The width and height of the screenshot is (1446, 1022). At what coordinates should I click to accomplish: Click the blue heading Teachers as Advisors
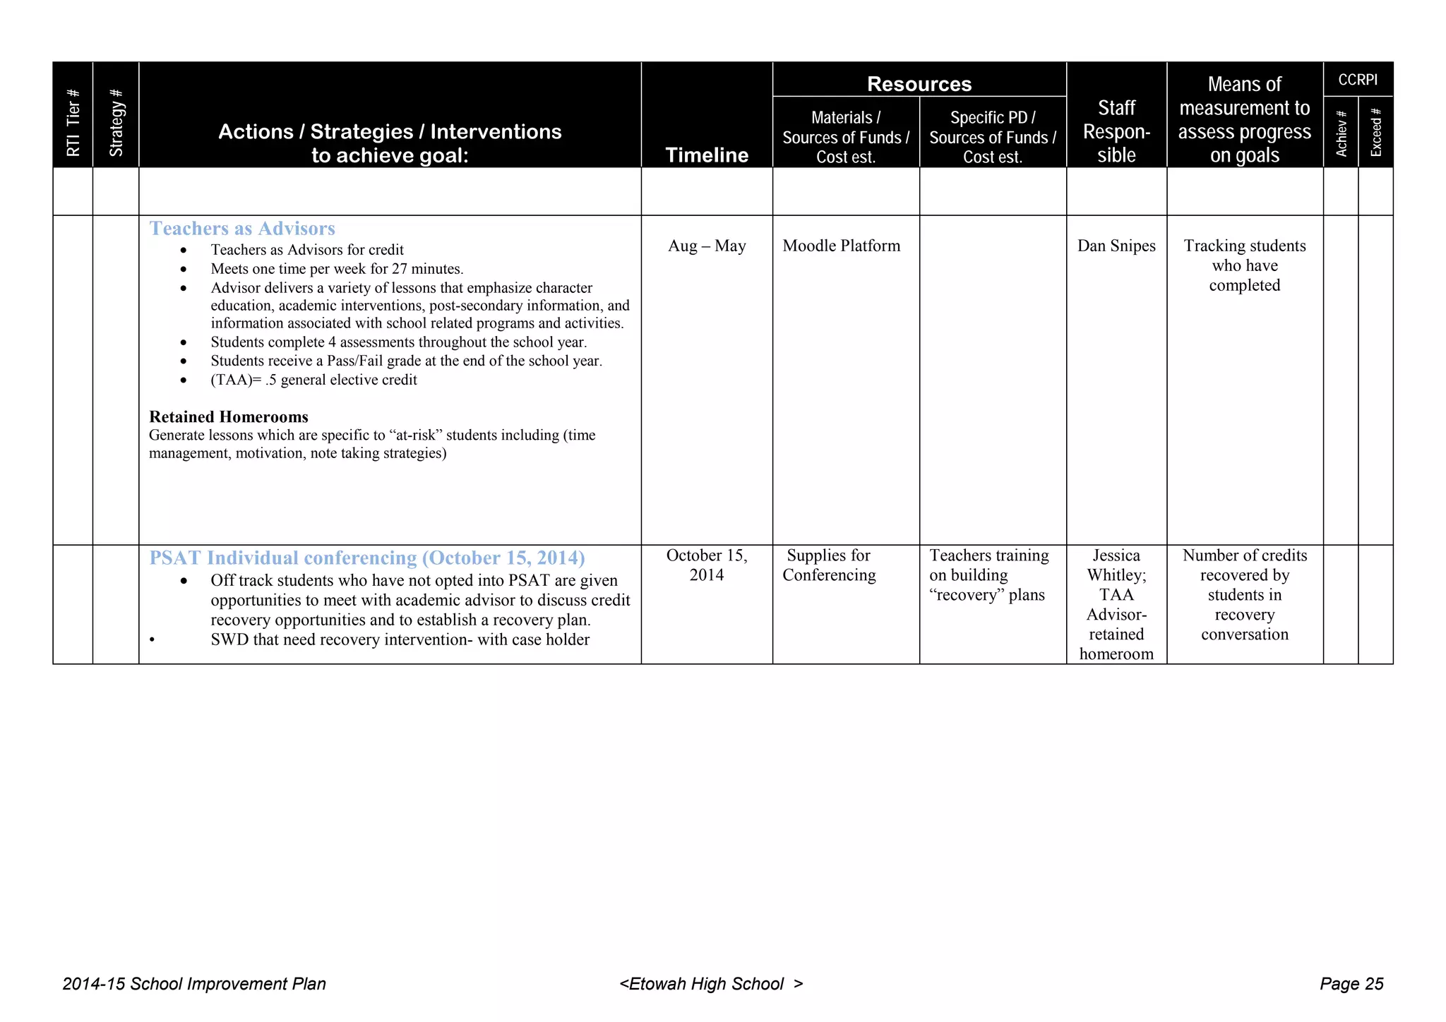241,229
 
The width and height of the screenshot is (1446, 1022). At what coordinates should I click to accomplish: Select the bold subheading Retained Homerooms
229,416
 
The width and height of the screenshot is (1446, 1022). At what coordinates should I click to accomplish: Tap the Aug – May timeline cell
707,246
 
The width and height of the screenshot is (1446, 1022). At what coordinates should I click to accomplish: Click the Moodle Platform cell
841,246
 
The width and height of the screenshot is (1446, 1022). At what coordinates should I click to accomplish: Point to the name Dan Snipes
1116,246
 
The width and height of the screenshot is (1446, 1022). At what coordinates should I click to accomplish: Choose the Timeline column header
707,155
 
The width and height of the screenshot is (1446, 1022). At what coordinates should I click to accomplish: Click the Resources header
919,84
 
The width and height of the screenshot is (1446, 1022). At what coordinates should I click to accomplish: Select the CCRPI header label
1357,80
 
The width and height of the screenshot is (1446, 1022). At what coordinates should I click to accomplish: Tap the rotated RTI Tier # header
73,124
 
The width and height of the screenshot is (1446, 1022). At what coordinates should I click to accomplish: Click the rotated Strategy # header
116,124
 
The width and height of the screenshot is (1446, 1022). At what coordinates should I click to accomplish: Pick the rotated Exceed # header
1375,133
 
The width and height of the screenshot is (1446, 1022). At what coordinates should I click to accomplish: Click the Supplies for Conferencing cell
829,565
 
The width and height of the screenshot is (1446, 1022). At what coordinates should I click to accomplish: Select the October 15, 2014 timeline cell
707,565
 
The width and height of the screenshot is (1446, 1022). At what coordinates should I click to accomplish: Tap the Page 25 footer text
1351,984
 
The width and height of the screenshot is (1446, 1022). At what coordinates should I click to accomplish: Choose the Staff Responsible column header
1116,132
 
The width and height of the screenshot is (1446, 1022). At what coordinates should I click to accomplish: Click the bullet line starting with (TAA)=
313,380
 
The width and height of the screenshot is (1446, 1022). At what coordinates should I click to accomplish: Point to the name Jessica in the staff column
1116,555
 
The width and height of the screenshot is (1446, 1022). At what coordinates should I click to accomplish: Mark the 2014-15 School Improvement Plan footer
194,984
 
